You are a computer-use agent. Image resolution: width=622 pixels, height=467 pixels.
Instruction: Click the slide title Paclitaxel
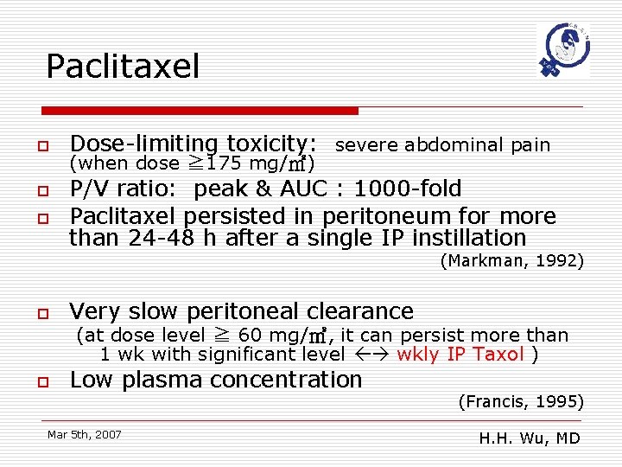(123, 66)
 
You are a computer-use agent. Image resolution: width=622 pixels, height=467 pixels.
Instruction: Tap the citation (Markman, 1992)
(512, 261)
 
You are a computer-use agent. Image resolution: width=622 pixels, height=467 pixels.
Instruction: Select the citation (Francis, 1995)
(521, 401)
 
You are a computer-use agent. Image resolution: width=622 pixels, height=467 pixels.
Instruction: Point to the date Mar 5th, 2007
(85, 434)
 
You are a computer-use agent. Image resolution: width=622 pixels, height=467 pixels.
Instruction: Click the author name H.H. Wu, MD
(530, 438)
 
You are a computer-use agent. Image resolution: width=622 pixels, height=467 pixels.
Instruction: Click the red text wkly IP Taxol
(460, 355)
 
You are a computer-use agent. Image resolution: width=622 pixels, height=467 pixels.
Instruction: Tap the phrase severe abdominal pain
(442, 145)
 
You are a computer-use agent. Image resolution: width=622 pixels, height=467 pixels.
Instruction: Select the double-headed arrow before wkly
(372, 355)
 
